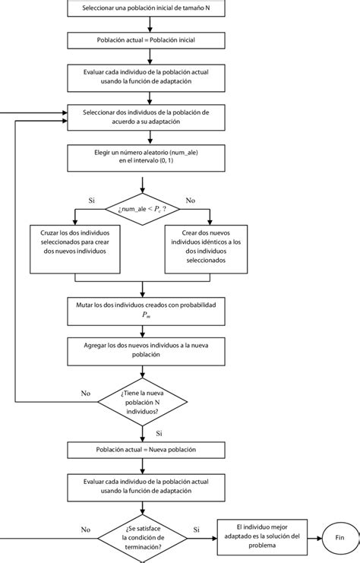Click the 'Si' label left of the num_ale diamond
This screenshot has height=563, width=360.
[x=92, y=201]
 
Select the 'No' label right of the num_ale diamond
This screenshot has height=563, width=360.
[x=190, y=201]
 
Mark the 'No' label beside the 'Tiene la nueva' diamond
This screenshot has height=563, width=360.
[x=85, y=394]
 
